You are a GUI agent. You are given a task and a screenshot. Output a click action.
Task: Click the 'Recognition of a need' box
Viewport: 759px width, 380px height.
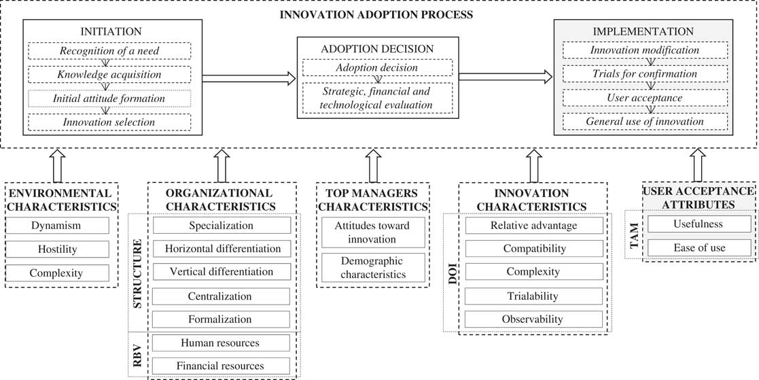(109, 51)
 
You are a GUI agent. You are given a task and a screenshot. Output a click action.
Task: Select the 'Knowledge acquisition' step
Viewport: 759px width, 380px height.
(109, 75)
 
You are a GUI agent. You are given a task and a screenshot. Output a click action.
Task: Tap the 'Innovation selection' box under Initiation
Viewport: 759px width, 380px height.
(109, 122)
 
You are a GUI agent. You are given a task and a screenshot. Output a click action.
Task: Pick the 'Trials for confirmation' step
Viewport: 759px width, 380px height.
(643, 74)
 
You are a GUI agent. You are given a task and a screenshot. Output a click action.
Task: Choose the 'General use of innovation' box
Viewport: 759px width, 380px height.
(643, 122)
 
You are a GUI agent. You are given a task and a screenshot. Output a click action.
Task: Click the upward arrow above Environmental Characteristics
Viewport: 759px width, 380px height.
(57, 165)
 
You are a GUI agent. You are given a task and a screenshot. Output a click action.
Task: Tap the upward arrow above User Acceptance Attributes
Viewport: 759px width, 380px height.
(697, 165)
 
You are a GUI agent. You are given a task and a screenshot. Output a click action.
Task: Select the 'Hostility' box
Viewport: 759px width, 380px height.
(57, 249)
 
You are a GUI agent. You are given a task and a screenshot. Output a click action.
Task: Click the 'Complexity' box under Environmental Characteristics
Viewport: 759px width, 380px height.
(57, 273)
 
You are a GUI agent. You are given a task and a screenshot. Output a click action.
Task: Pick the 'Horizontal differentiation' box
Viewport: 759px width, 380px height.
(222, 249)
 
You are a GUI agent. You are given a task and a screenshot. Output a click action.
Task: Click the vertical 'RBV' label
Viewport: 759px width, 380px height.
(138, 353)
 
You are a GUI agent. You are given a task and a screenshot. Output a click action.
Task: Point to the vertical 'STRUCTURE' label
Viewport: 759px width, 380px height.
(138, 272)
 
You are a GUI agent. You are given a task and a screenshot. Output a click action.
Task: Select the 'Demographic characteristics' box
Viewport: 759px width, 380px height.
(373, 268)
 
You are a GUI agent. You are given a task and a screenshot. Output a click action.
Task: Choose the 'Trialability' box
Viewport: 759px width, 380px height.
(533, 296)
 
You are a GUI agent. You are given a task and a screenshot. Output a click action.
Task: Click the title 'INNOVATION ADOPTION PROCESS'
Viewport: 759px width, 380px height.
(379, 14)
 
